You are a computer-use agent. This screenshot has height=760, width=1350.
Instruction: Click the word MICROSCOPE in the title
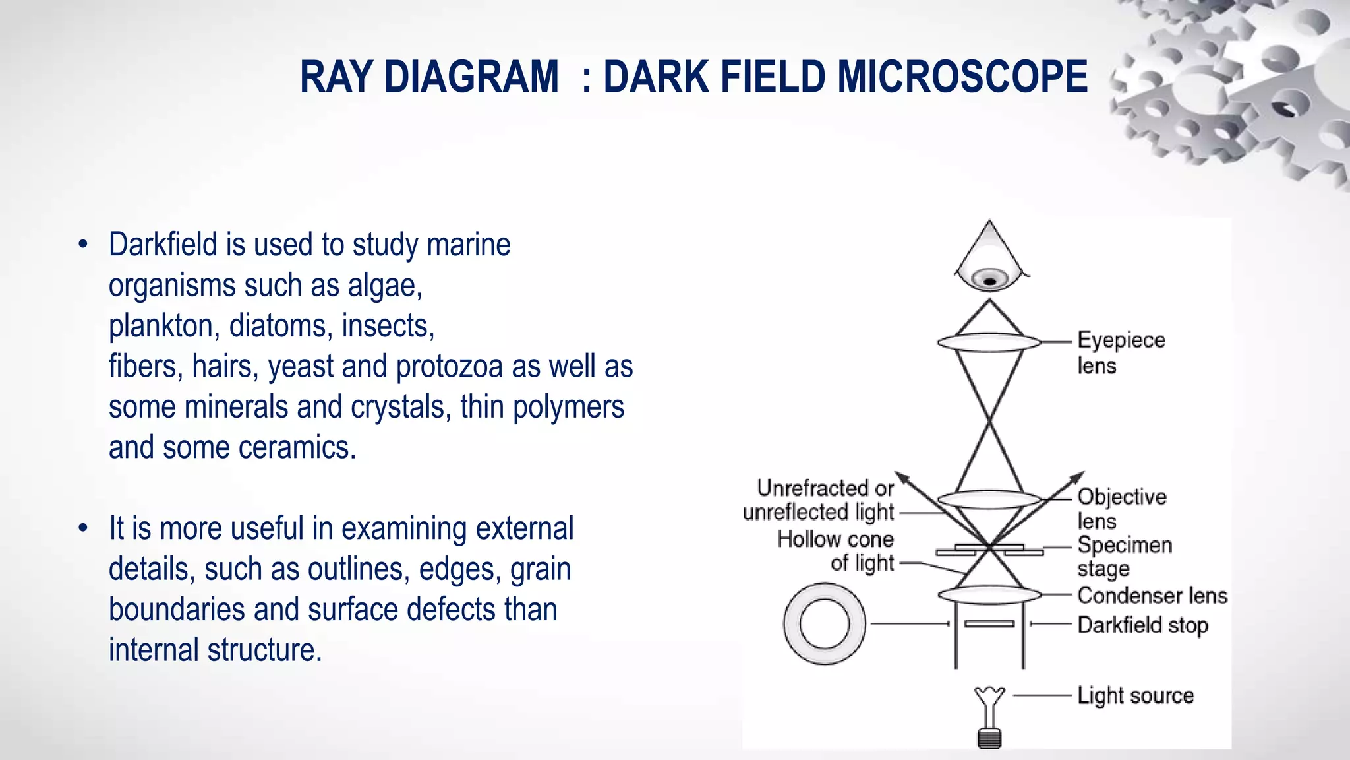tap(962, 77)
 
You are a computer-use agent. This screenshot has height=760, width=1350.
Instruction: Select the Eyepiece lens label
tap(1121, 352)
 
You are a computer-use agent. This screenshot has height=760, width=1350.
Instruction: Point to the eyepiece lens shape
tap(989, 342)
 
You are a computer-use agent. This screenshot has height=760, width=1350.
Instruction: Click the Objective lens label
tap(1121, 508)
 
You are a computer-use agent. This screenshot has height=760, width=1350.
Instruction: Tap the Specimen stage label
tap(1124, 556)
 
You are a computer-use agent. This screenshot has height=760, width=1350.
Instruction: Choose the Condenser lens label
tap(1152, 596)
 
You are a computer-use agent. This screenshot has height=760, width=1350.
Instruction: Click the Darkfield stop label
tap(1142, 625)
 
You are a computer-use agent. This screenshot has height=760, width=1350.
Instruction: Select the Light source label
tap(1135, 695)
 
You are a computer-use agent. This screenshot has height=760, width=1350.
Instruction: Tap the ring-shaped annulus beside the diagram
tap(824, 623)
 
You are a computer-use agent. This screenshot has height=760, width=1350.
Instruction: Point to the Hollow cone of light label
tap(835, 551)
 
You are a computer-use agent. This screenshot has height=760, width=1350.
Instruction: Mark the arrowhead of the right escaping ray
tap(1079, 476)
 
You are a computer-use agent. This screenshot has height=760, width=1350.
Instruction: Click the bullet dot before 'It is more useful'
tap(82, 528)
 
